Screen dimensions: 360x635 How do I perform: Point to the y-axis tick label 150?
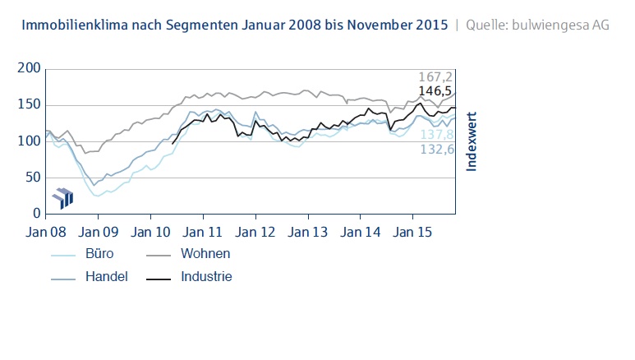[x=29, y=105]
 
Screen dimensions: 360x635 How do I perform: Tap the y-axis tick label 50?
[x=32, y=177]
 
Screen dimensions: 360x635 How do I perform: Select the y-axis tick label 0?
[x=35, y=214]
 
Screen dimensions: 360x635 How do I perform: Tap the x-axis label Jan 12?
[x=257, y=233]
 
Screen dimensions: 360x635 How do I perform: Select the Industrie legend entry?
[x=207, y=277]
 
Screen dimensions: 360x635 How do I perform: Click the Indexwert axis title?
[x=472, y=141]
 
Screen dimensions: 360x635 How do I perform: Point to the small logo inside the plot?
[x=62, y=197]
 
